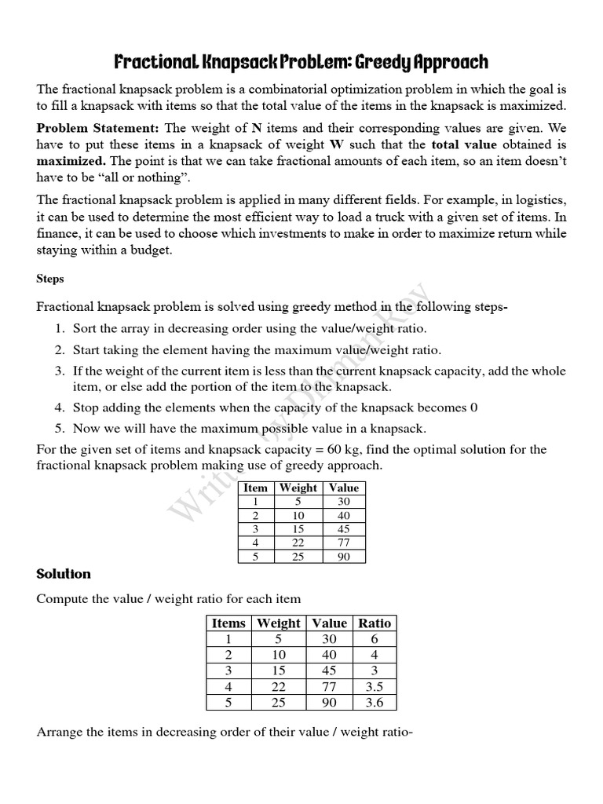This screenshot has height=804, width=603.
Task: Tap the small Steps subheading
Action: tap(50, 279)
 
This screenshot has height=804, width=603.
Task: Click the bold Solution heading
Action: tap(64, 574)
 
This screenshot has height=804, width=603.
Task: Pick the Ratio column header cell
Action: tap(375, 623)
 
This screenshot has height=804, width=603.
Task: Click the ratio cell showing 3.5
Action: tap(375, 686)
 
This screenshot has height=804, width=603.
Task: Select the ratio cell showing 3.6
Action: tap(375, 703)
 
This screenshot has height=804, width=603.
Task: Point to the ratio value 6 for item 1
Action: tap(375, 639)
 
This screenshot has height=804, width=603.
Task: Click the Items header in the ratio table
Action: tap(228, 623)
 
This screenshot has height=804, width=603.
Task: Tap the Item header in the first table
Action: tap(255, 488)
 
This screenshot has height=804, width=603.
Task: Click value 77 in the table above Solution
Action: tap(344, 543)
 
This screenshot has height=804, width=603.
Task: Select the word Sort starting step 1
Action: tap(86, 329)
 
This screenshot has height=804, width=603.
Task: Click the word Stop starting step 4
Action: tap(86, 407)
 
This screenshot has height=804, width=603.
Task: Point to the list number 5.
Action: tap(59, 429)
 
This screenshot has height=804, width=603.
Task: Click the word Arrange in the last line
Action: tap(60, 733)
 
